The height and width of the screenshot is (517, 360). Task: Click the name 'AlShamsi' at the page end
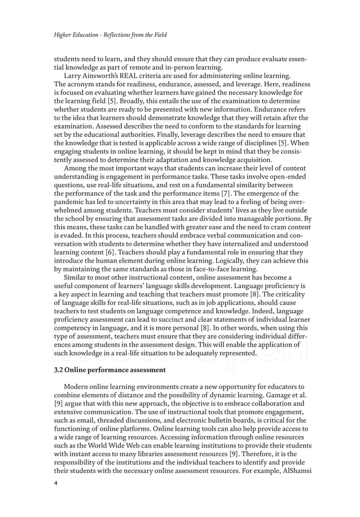(x=295, y=470)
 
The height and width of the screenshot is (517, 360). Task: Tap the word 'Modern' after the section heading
(x=77, y=387)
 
